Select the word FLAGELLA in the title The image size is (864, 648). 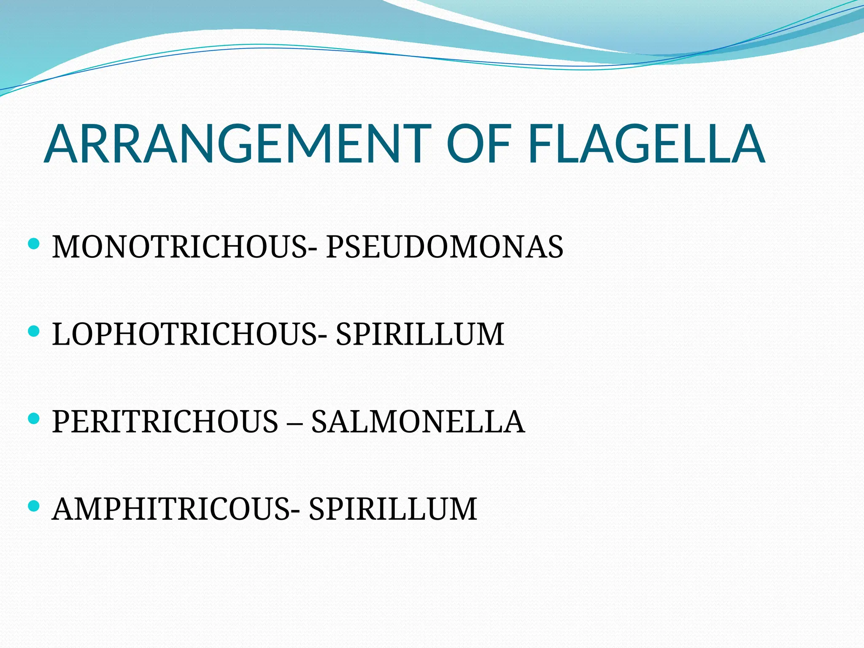[x=646, y=144]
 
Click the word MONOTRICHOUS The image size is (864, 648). [x=179, y=247]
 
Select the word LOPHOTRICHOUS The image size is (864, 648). [x=184, y=334]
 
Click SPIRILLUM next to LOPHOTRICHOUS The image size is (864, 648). [x=420, y=334]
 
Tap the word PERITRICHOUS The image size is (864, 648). [x=165, y=421]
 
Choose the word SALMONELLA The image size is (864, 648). [x=418, y=421]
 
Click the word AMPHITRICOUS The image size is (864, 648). [x=171, y=509]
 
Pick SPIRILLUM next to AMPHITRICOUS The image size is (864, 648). [x=393, y=509]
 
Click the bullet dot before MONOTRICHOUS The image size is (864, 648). [x=33, y=243]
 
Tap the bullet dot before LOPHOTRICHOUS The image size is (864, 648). [x=33, y=331]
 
